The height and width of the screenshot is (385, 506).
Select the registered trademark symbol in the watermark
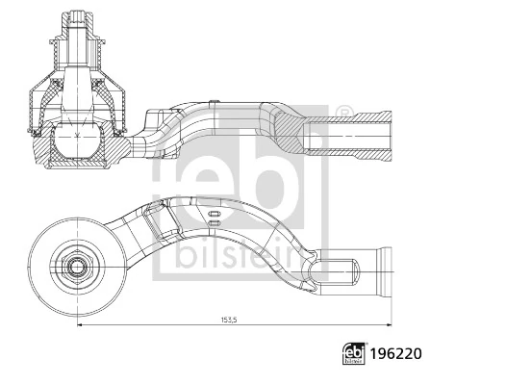342,113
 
